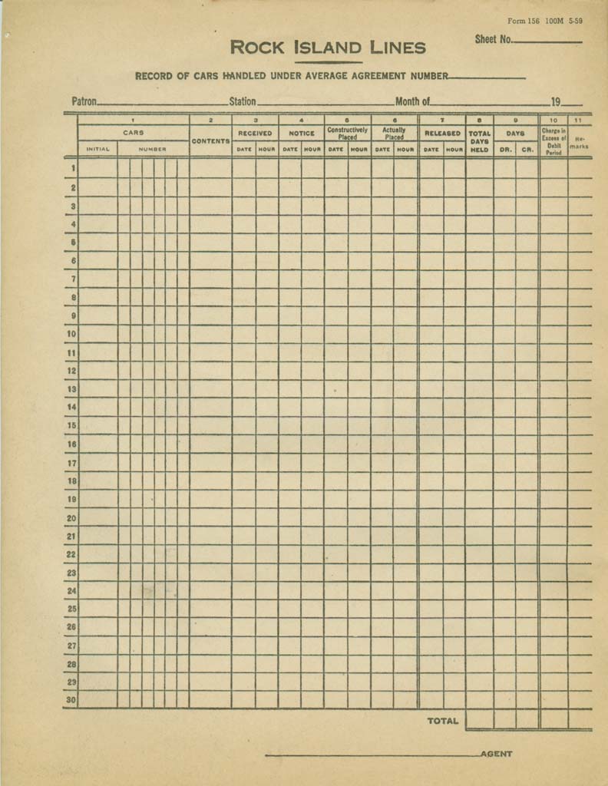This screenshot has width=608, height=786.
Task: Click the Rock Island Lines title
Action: pos(328,48)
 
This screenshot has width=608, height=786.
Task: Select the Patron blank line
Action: pos(162,104)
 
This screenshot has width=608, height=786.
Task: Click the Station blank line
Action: pos(325,104)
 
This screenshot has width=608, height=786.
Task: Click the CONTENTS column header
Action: pos(210,141)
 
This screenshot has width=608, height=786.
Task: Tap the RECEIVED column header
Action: pos(255,134)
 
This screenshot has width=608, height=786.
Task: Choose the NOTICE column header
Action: pos(301,134)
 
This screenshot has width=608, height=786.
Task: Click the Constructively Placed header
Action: pos(348,134)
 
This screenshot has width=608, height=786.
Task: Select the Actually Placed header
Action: pos(394,134)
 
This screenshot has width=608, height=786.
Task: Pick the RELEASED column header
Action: pos(442,134)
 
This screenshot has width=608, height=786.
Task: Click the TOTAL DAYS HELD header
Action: pos(479,141)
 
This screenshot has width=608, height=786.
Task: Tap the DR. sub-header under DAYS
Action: pos(505,150)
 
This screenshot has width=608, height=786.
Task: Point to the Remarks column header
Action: pos(580,142)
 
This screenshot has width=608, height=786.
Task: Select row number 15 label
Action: pos(71,425)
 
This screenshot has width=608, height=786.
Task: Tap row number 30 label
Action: pos(71,700)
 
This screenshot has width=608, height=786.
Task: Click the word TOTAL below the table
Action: pos(443,721)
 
